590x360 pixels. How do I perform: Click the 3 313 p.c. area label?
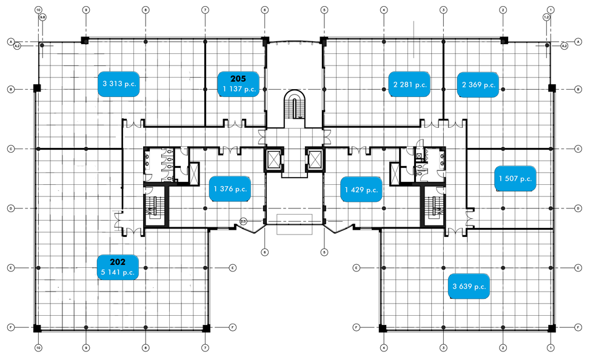120,84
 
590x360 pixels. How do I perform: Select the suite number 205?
238,79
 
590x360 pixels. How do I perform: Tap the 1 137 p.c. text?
238,90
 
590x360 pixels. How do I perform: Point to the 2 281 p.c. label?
410,85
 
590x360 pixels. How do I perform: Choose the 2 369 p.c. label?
479,85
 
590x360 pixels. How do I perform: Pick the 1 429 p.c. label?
362,190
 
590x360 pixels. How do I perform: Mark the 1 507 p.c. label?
515,178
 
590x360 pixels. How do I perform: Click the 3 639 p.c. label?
469,286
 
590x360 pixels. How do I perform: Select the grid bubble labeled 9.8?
42,18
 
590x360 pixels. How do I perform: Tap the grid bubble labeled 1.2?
546,18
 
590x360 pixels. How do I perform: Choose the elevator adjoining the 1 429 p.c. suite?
316,159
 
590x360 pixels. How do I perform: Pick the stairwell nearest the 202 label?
154,207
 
